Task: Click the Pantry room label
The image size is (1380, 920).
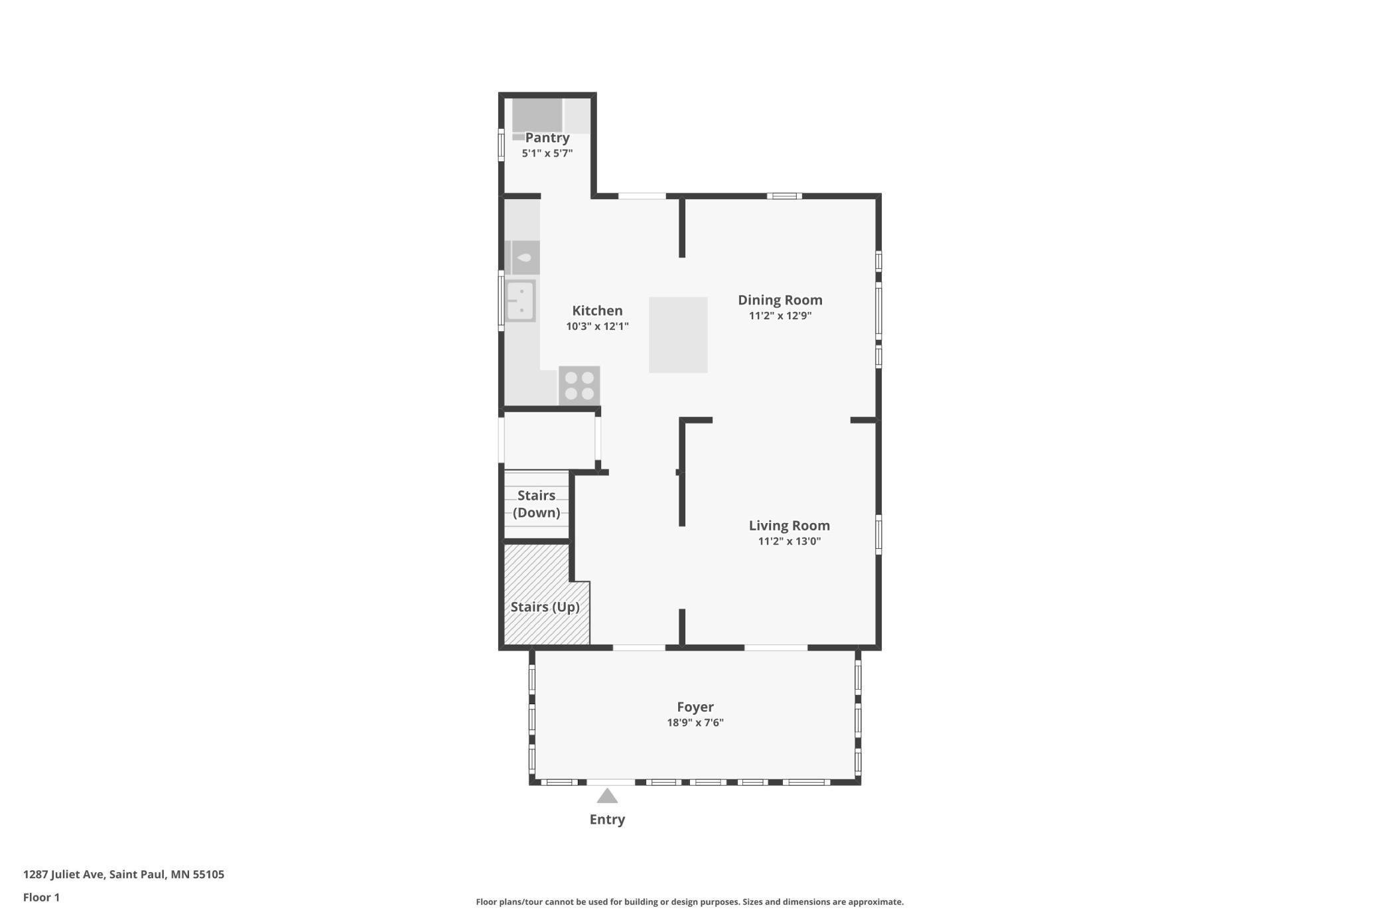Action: point(547,138)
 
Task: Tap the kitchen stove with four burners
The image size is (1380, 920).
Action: point(579,386)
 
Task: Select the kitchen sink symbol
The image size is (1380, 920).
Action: point(520,301)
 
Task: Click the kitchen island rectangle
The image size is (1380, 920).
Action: point(678,335)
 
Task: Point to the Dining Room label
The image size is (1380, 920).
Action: point(780,300)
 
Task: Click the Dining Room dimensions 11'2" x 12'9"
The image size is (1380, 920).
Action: point(780,316)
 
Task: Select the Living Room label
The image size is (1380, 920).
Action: point(790,526)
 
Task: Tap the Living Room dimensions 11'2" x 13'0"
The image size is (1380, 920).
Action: point(790,541)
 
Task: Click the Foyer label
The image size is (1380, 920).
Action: point(695,708)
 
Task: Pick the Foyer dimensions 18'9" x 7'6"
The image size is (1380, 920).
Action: point(695,723)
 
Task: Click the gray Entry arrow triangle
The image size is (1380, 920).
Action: point(607,796)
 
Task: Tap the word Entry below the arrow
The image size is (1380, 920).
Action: point(607,820)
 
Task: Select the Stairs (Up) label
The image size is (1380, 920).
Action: point(545,607)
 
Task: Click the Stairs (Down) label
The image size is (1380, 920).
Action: point(536,504)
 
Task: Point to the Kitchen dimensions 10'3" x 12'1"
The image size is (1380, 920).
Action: point(597,327)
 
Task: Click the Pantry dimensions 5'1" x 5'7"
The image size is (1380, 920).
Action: point(547,153)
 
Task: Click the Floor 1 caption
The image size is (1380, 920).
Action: point(41,897)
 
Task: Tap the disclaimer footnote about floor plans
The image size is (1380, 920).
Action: point(689,902)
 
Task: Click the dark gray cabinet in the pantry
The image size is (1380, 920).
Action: point(537,115)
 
